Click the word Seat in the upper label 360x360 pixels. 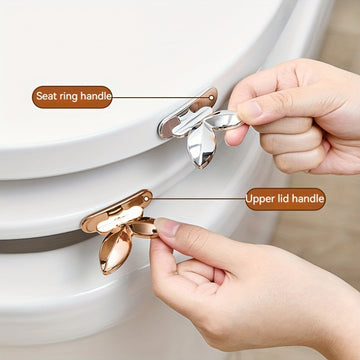[46, 96]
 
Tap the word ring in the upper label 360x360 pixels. [68, 97]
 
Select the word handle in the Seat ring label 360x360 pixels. [96, 96]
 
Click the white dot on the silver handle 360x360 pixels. [211, 98]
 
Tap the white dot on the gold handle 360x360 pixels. [146, 199]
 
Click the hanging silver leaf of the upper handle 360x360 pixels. [201, 145]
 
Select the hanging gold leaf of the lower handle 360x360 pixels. [115, 247]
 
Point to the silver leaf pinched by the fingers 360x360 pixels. [224, 119]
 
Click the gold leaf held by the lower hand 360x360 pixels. [144, 227]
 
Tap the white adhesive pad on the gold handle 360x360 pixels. [119, 219]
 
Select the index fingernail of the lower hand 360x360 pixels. [167, 227]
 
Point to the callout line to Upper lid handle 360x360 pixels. [197, 199]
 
